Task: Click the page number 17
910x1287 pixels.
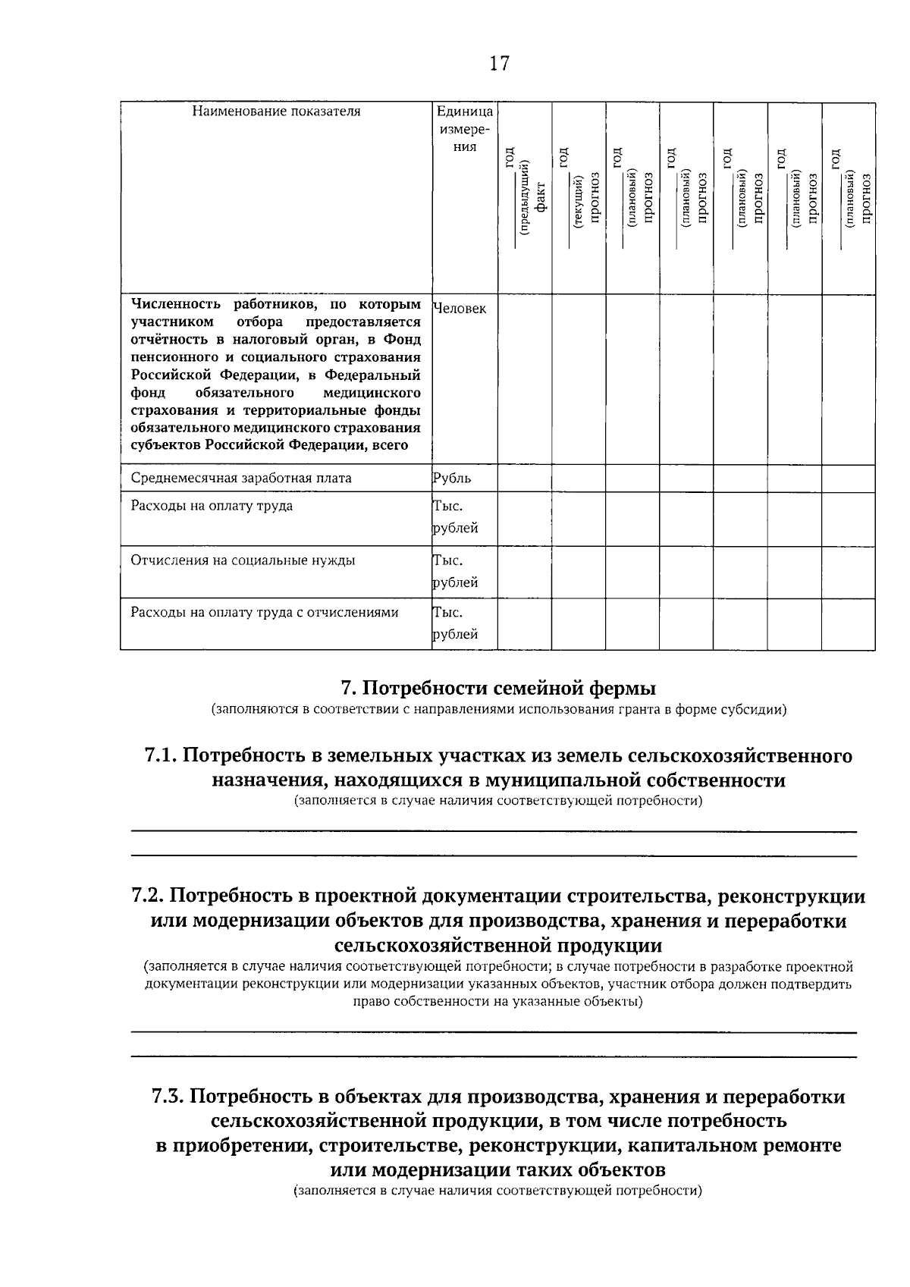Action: tap(499, 64)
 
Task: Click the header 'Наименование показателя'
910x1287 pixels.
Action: tap(276, 112)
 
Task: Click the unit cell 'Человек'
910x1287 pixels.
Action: tap(460, 309)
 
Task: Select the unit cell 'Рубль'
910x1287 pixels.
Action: tap(452, 479)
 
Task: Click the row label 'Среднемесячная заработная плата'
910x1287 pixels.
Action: tap(241, 479)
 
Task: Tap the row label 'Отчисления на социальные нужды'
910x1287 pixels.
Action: tap(243, 561)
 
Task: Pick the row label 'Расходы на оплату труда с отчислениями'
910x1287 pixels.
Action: tap(265, 613)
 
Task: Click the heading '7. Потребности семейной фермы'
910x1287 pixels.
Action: tap(498, 689)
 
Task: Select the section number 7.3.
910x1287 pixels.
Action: tap(168, 1097)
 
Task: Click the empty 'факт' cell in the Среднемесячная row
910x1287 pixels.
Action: tap(525, 479)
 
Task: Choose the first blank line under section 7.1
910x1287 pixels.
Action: tap(494, 831)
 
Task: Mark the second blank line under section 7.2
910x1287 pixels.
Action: tap(494, 1056)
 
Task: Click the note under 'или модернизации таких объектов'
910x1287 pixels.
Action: tap(498, 1191)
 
